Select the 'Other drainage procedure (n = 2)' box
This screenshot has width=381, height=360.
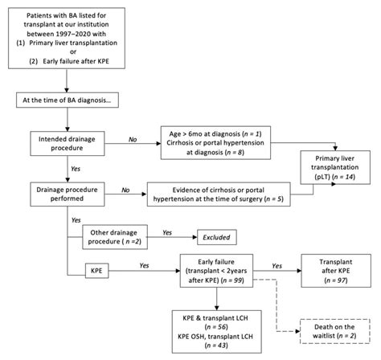[x=113, y=236]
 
